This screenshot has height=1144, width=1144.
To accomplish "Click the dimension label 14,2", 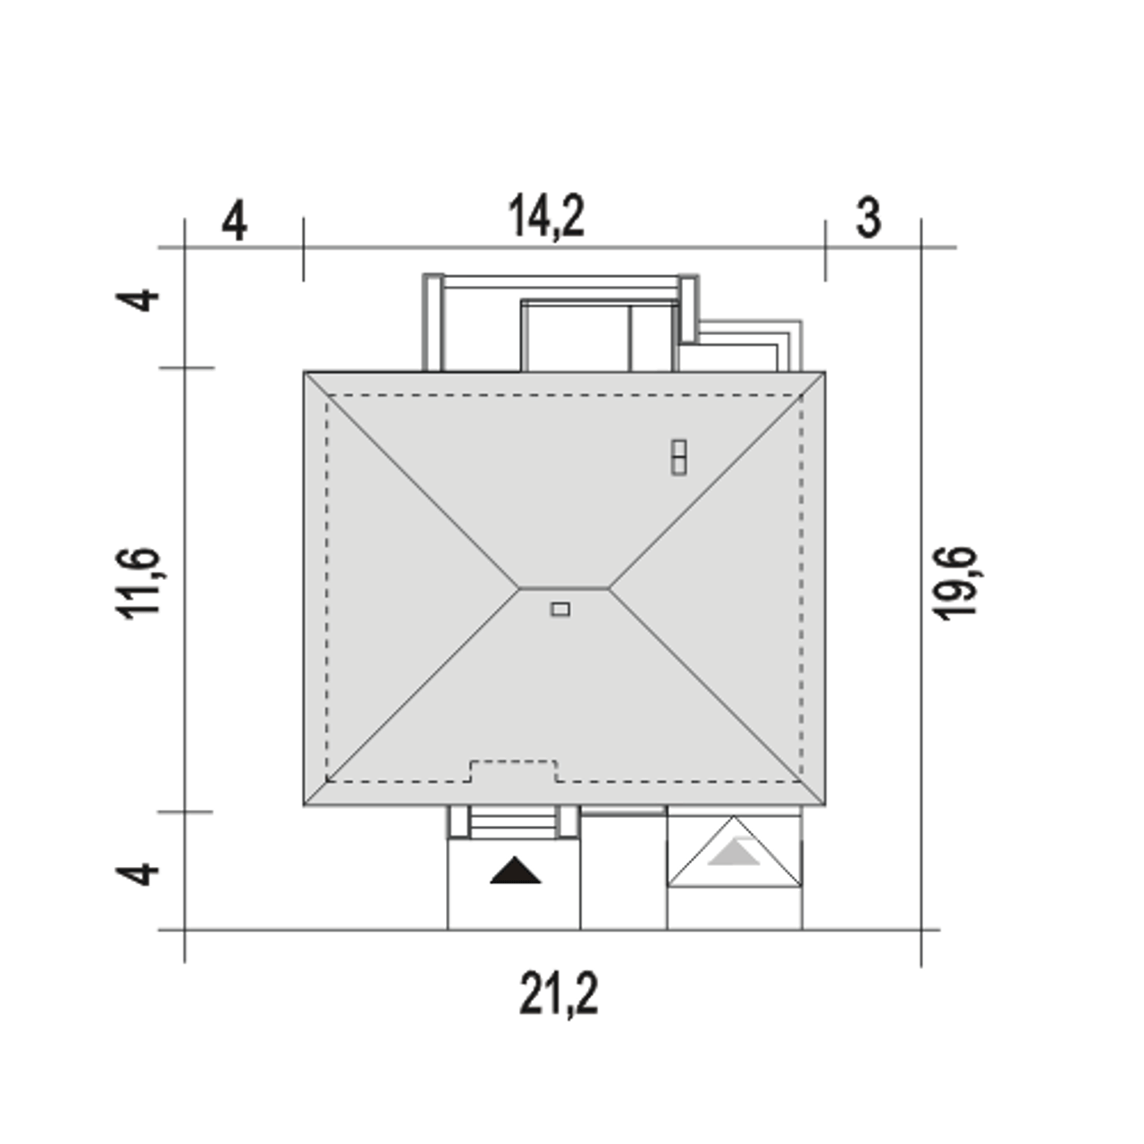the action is [x=546, y=217].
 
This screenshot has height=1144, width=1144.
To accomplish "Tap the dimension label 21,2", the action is [x=559, y=995].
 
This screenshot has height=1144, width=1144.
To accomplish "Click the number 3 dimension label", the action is [x=868, y=218].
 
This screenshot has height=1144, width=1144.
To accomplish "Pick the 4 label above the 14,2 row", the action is [x=234, y=221].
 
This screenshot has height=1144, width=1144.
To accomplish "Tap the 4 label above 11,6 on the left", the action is [x=137, y=299].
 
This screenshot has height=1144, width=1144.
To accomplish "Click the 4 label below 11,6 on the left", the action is [x=137, y=874].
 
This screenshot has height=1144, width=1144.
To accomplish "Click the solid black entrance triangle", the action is [x=516, y=871].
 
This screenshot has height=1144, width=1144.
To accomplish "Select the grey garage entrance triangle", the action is [x=734, y=852].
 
